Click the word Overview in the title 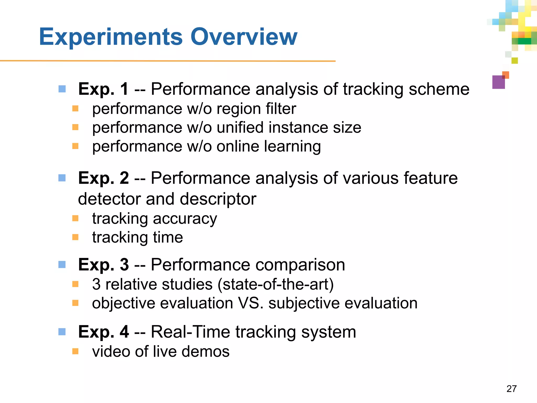(x=244, y=37)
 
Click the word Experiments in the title (x=111, y=37)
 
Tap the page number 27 (x=511, y=389)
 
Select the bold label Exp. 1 (x=103, y=89)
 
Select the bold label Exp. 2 (x=103, y=178)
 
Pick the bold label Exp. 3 (x=103, y=264)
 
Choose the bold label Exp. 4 (x=103, y=332)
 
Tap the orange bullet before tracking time (x=76, y=237)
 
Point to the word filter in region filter (x=281, y=109)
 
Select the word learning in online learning (x=292, y=146)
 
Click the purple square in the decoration (x=498, y=82)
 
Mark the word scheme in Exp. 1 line (x=439, y=89)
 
